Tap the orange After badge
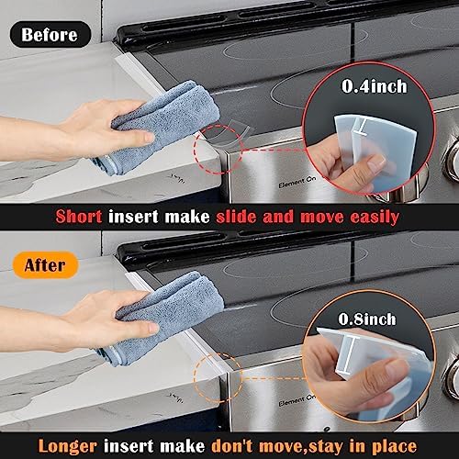point(44,265)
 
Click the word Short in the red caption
point(80,218)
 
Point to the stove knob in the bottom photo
point(451,376)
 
